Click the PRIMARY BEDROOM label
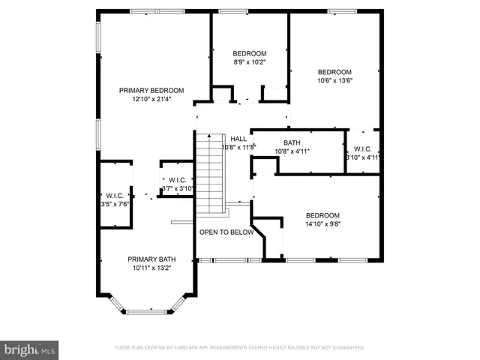point(151,90)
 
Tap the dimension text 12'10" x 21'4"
point(151,99)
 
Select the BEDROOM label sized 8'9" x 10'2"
point(249,53)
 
